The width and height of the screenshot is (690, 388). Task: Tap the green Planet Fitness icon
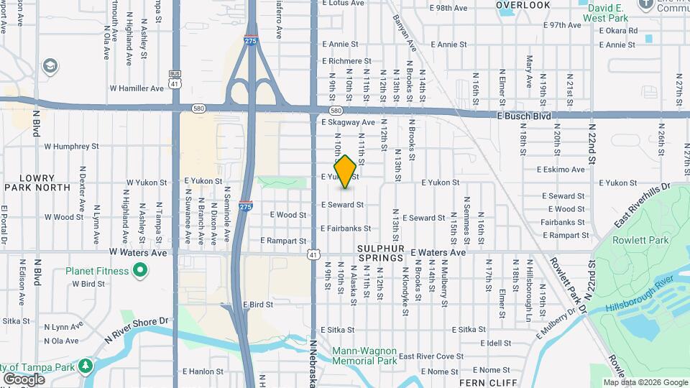point(140,271)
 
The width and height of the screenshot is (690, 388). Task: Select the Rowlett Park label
point(640,241)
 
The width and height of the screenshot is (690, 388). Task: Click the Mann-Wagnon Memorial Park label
point(364,356)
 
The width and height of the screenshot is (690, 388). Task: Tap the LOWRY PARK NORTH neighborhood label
point(37,183)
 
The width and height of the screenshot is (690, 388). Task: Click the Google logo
point(24,379)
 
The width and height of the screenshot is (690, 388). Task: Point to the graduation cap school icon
point(50,67)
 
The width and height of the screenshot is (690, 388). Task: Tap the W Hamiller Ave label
point(137,88)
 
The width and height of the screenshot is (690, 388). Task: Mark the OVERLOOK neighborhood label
point(523,5)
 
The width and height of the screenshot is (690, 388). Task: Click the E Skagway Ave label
point(349,122)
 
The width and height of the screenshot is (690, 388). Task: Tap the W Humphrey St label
point(71,146)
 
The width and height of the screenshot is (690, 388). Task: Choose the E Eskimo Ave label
point(561,170)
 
